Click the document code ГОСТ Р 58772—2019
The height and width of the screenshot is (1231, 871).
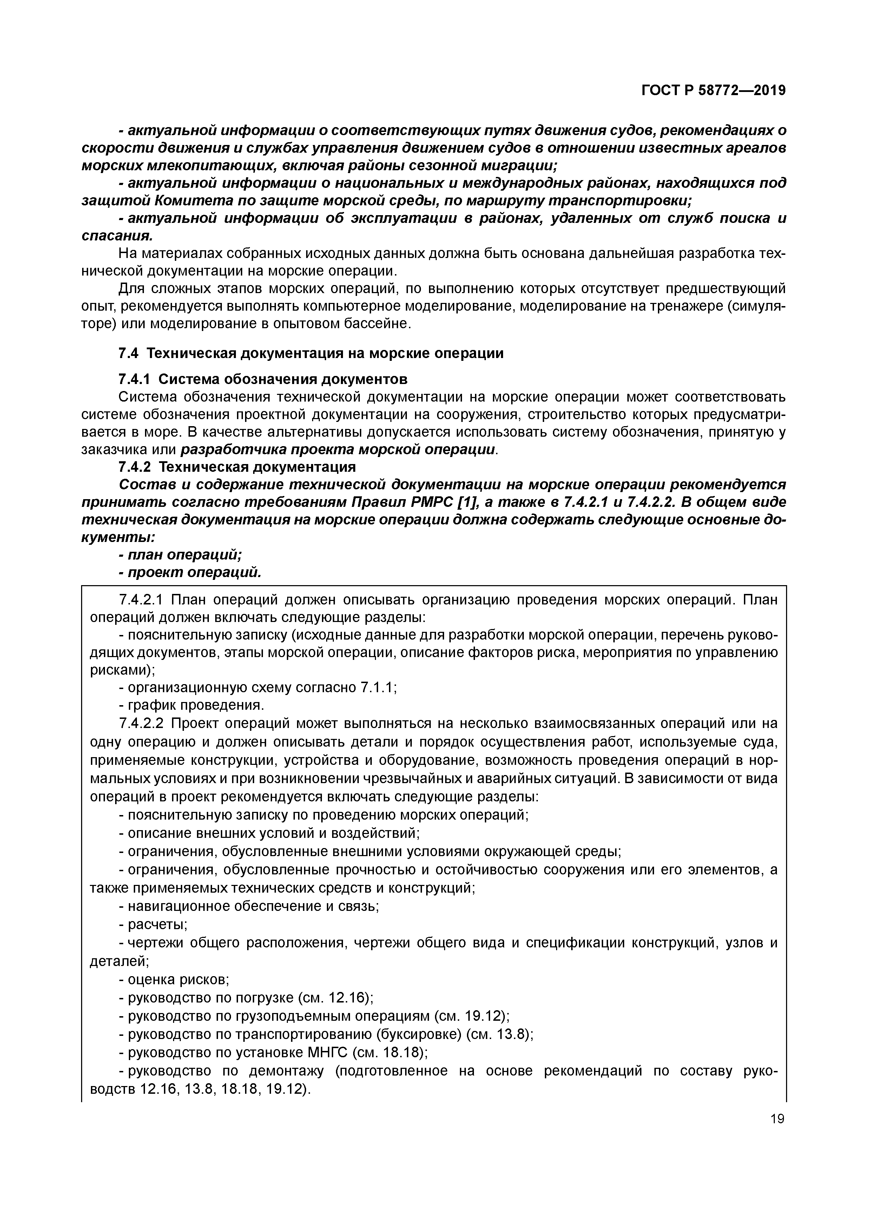[x=713, y=91]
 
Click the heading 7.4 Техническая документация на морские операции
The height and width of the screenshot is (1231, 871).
[x=311, y=353]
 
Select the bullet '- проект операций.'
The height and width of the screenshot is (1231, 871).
[x=190, y=572]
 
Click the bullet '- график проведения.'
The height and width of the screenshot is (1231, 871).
[x=191, y=705]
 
